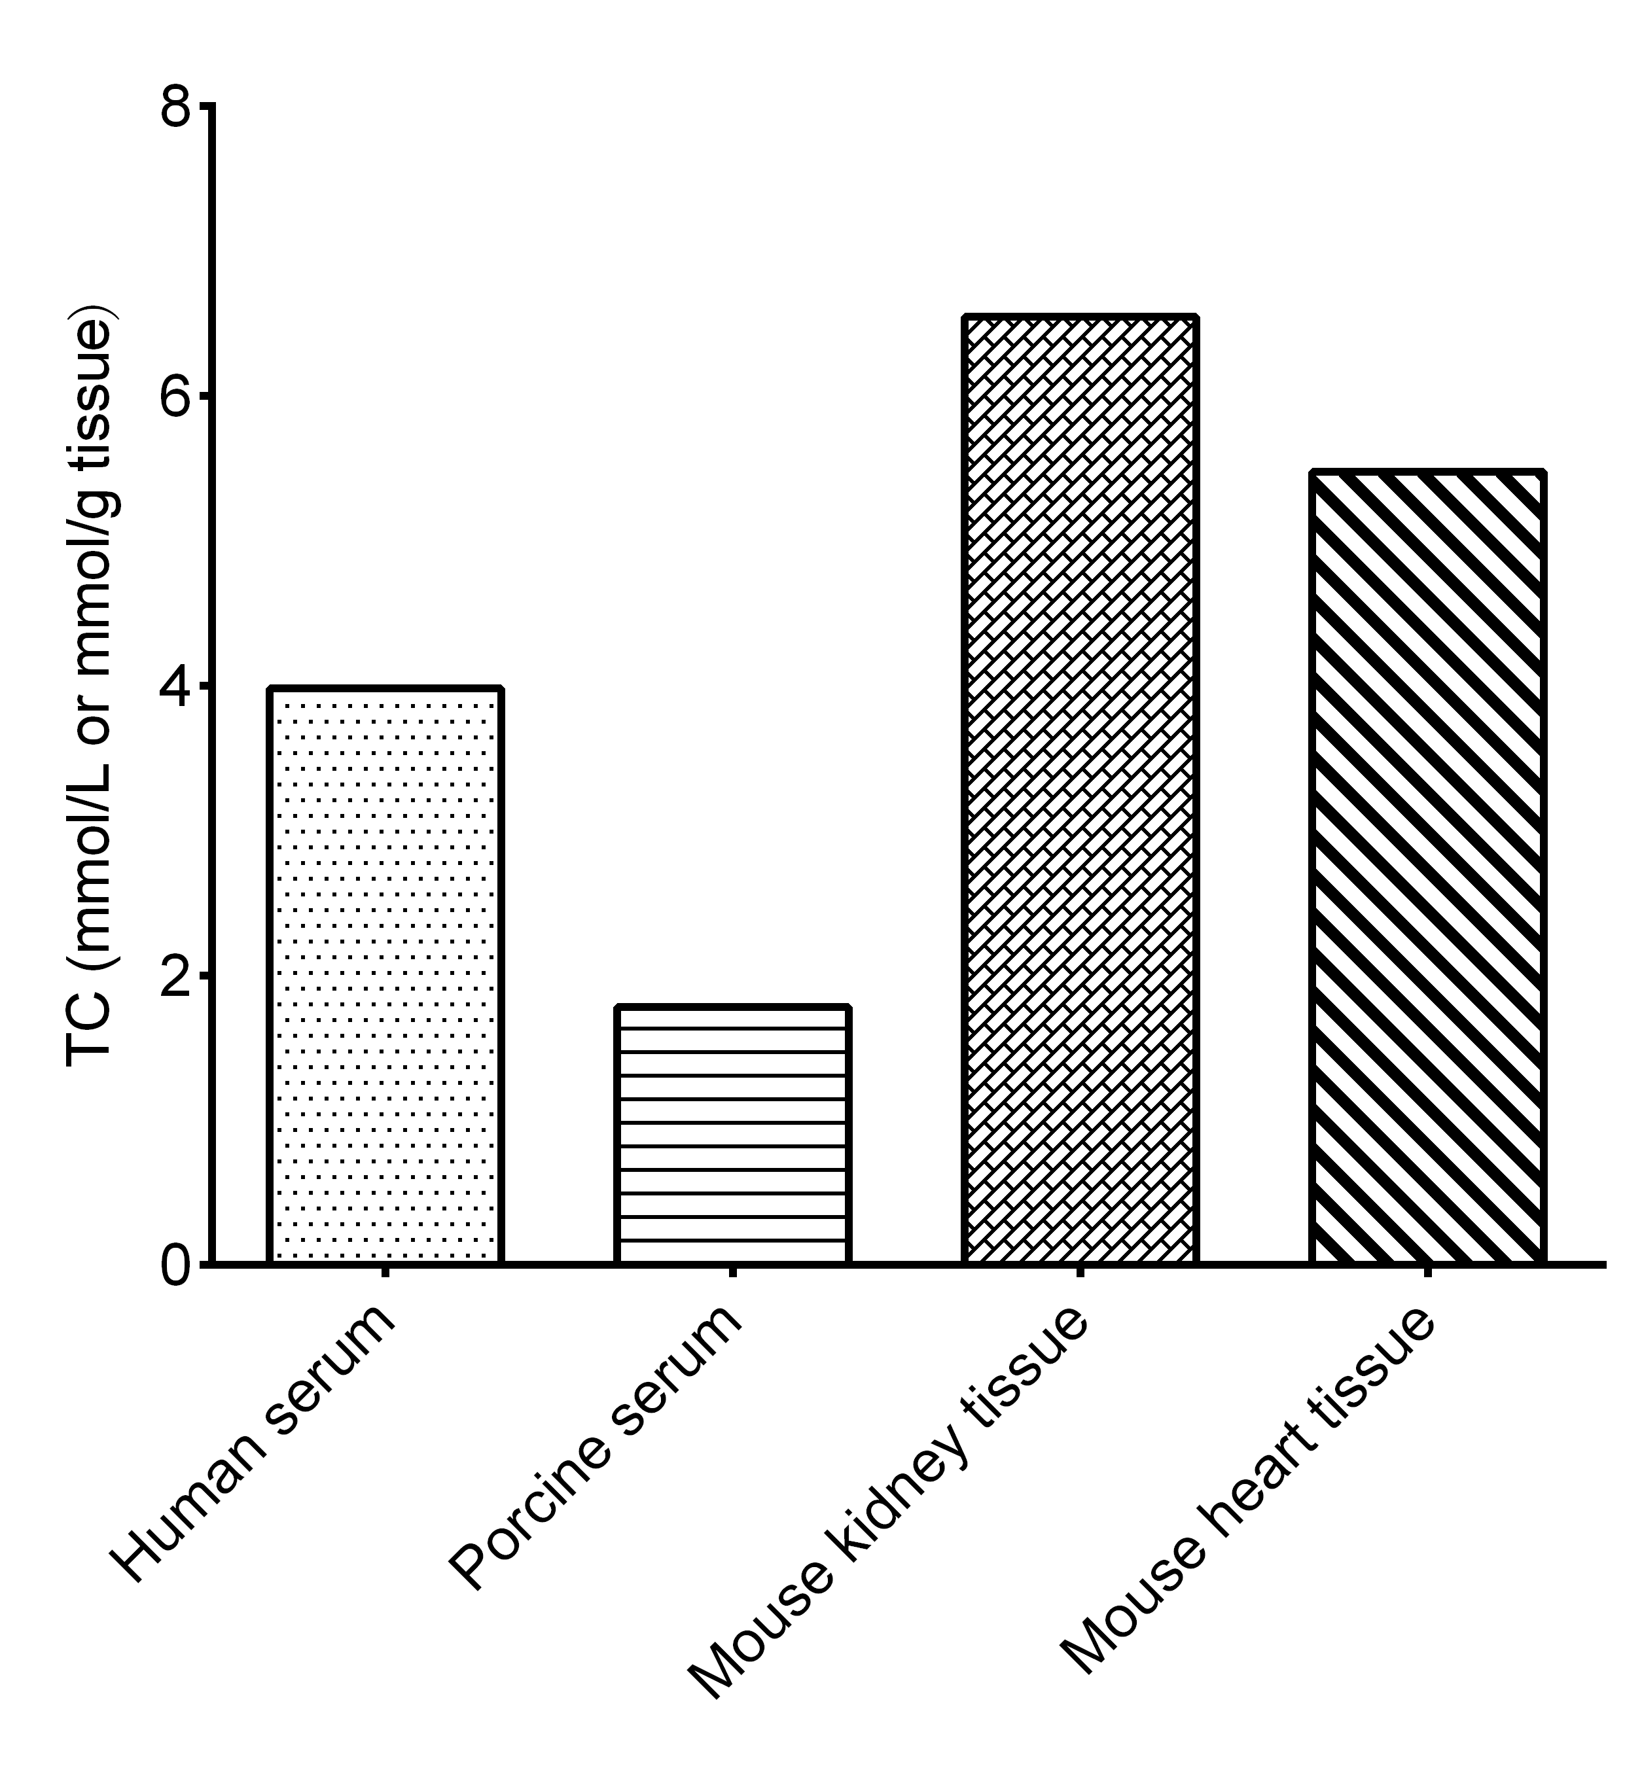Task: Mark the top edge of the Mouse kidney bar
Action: click(x=1080, y=316)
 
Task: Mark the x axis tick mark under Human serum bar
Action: click(x=385, y=1271)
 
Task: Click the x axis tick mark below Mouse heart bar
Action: click(x=1427, y=1271)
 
